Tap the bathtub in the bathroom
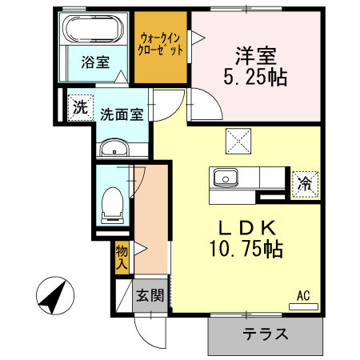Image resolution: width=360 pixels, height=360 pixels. pos(92,31)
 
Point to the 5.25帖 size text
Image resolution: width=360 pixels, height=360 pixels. pos(255,78)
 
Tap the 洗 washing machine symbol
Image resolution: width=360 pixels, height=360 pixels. pos(79,108)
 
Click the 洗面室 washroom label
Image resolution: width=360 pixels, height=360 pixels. pos(122,114)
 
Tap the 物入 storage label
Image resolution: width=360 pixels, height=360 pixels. pos(122,256)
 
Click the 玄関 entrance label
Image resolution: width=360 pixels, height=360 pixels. pos(149,296)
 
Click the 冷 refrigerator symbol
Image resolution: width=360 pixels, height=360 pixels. pos(304,183)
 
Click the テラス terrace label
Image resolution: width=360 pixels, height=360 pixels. pos(266,334)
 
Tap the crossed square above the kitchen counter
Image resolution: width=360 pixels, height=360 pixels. pos(239,142)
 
